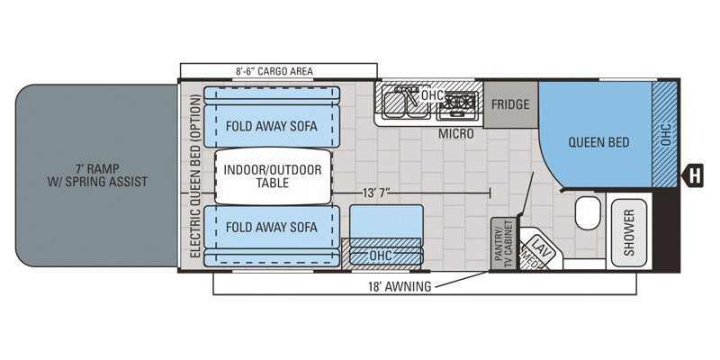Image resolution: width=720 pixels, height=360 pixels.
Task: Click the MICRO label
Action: [456, 133]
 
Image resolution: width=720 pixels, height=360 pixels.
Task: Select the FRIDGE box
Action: [510, 103]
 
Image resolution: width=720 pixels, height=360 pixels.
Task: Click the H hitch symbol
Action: [694, 175]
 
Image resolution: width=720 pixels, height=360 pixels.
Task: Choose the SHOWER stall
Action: [629, 231]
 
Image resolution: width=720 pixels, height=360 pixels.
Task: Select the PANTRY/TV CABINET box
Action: [503, 241]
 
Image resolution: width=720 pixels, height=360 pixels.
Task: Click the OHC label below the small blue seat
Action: [382, 256]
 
